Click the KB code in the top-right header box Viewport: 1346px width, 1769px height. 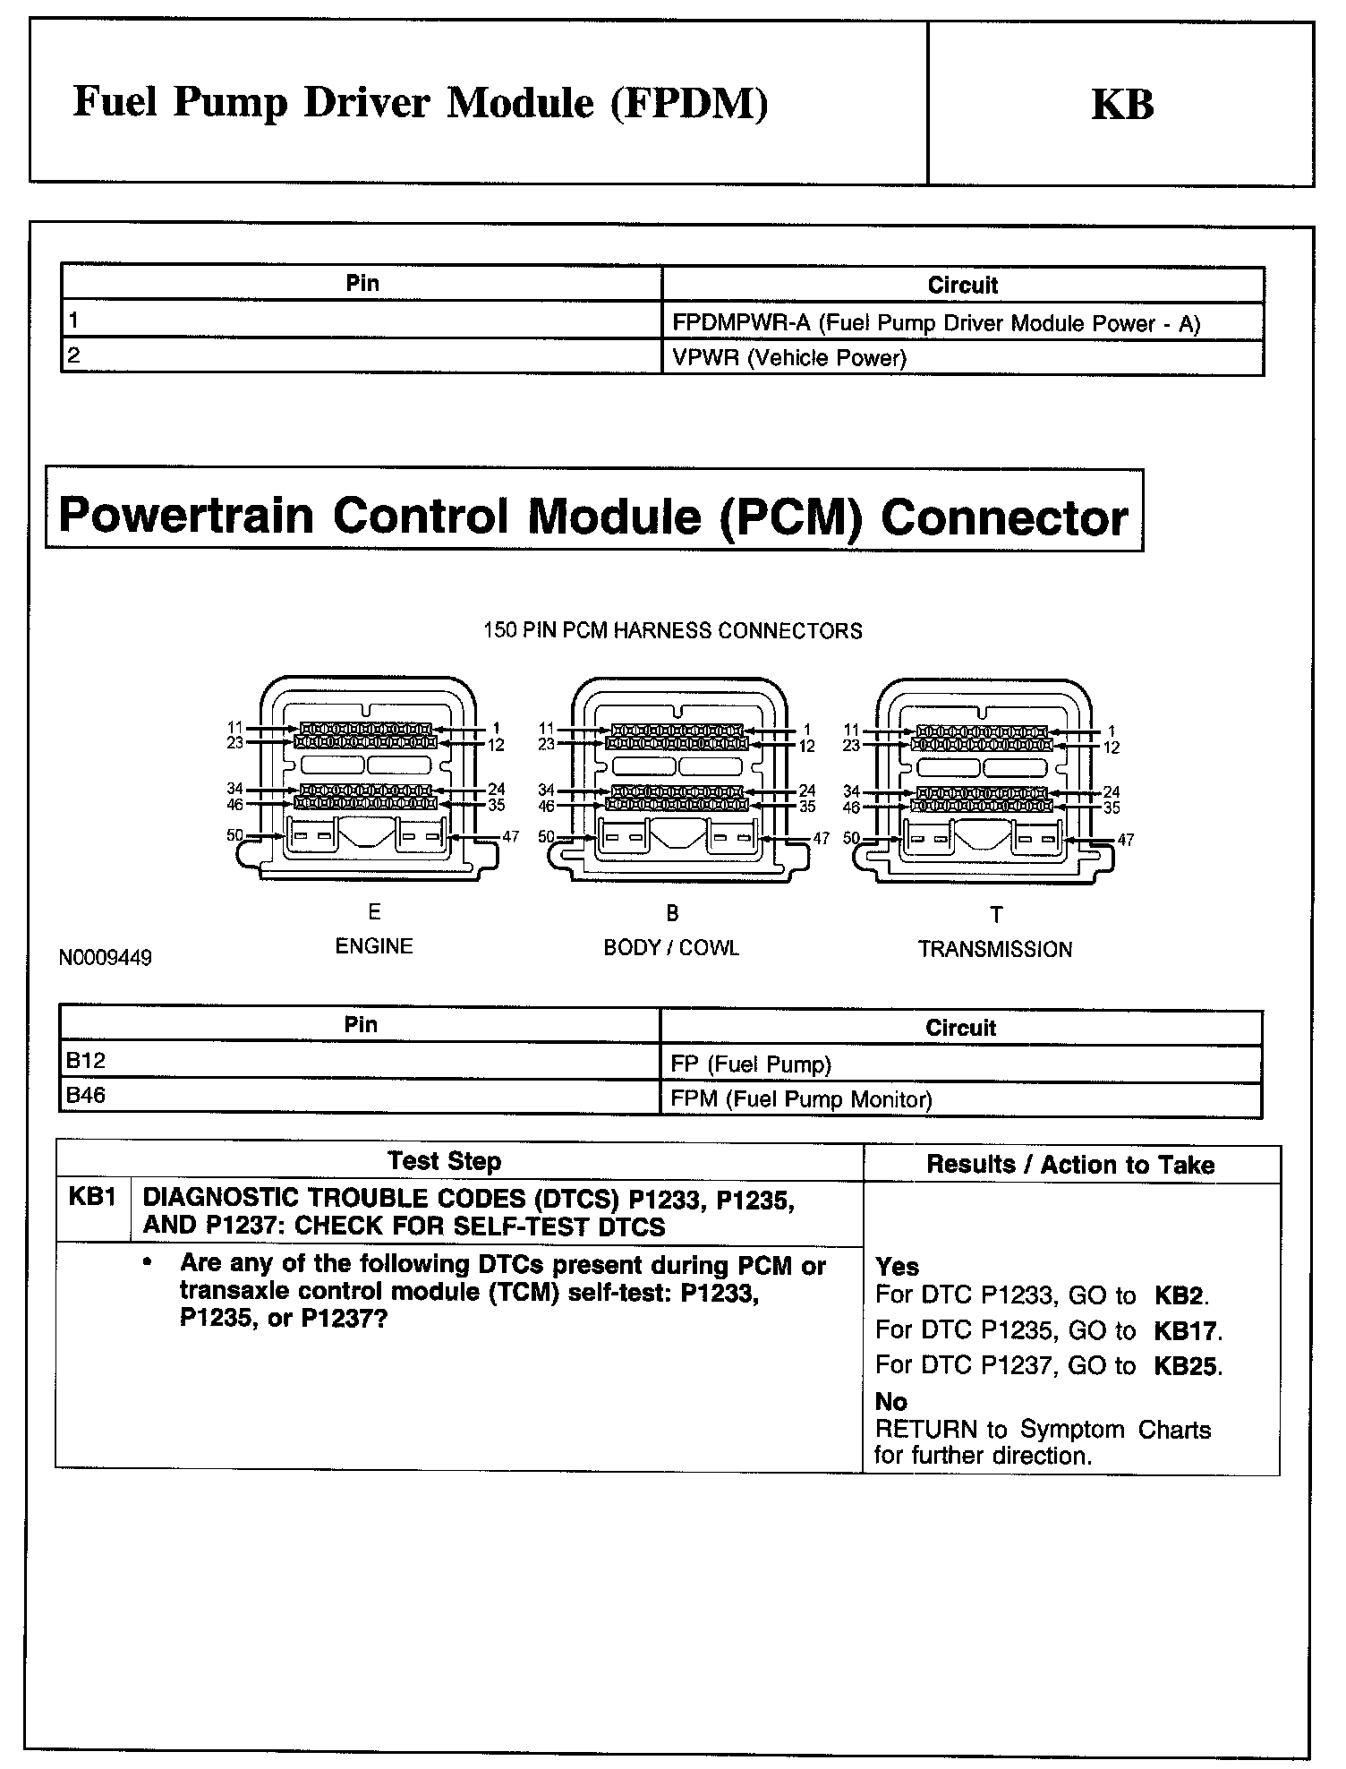[1122, 104]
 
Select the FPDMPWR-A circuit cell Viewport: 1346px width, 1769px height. [935, 323]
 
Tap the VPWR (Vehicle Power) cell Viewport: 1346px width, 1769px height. [788, 358]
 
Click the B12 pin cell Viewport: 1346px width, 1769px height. [86, 1061]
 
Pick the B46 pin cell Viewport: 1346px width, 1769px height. [86, 1096]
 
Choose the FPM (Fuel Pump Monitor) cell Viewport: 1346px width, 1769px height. [801, 1099]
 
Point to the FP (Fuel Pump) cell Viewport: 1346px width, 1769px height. [751, 1064]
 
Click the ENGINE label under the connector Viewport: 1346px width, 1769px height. [374, 946]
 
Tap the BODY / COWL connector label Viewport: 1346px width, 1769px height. [671, 948]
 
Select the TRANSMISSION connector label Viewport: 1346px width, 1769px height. [995, 950]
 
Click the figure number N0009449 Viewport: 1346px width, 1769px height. [106, 958]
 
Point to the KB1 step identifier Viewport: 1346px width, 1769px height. [92, 1198]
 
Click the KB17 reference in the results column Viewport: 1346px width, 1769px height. [1187, 1331]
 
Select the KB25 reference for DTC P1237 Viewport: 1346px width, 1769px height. [1187, 1366]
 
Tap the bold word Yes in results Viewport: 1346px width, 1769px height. [898, 1267]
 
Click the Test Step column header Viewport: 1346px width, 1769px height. [445, 1161]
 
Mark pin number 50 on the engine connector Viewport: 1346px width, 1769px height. [234, 835]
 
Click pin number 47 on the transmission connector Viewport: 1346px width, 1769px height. [1126, 840]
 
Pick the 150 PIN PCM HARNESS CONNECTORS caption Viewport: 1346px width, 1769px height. [673, 631]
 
